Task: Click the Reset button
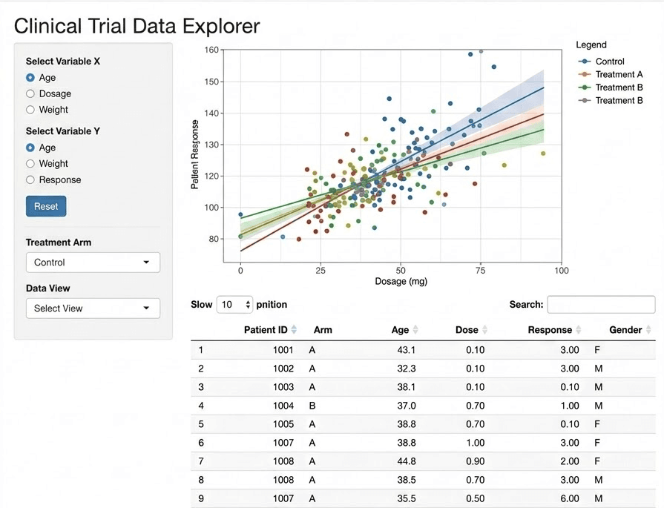(x=46, y=206)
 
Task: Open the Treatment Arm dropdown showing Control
(x=93, y=263)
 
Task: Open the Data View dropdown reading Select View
(x=93, y=309)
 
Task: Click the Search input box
(x=600, y=304)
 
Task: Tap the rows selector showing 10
(x=234, y=304)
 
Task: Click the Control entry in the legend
(x=610, y=62)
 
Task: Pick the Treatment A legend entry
(x=619, y=74)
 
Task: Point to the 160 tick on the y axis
(x=212, y=50)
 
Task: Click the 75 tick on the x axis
(x=481, y=271)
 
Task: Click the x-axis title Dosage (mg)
(x=401, y=281)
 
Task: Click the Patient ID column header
(x=266, y=330)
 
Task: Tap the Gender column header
(x=625, y=330)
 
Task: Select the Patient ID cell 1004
(x=283, y=406)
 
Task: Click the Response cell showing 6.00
(x=569, y=498)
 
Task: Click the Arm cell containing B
(x=312, y=406)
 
